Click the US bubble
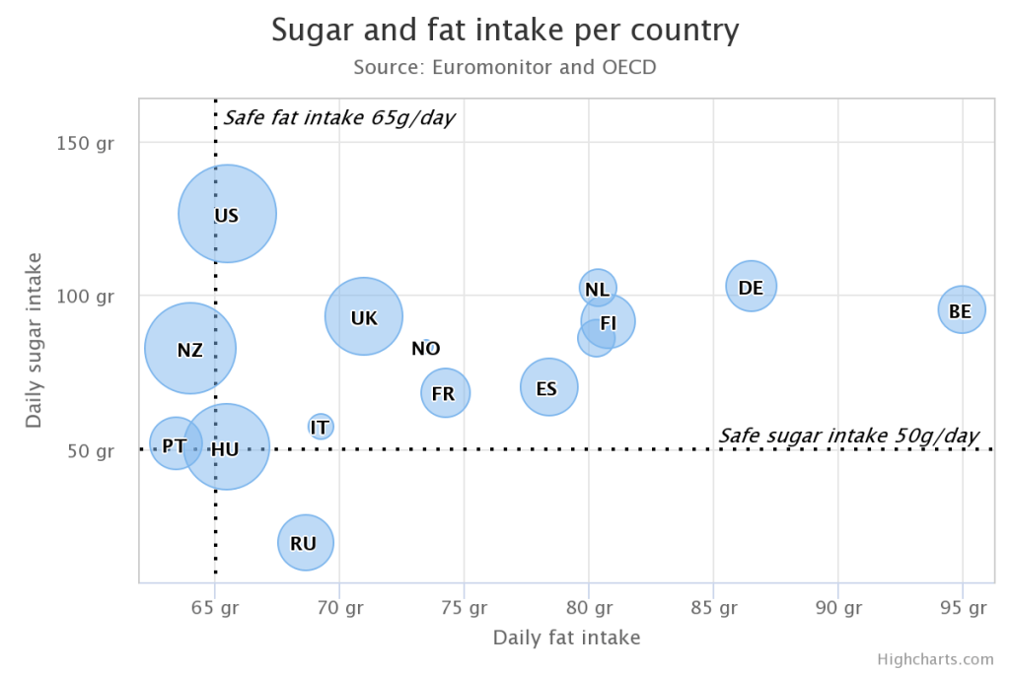[x=227, y=214]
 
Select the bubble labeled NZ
[x=190, y=348]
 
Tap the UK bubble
[x=364, y=316]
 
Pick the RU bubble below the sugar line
[x=305, y=542]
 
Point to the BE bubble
[x=961, y=310]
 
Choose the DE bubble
[x=751, y=287]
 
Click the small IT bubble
[x=320, y=427]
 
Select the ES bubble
[x=548, y=387]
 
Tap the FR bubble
[x=445, y=393]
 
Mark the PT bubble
[x=175, y=445]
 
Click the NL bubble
[x=597, y=288]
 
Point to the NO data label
[x=425, y=348]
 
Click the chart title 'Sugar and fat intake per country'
[x=504, y=31]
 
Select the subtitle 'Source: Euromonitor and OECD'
[x=504, y=67]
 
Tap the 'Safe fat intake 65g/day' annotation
[x=339, y=118]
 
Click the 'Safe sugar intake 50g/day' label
[x=848, y=436]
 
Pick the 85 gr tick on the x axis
[x=713, y=607]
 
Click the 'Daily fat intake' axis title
[x=566, y=638]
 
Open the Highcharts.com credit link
[x=935, y=659]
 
